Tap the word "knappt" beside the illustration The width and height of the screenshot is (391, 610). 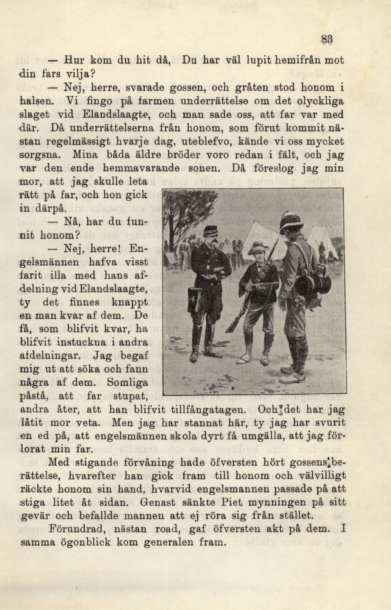point(129,303)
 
